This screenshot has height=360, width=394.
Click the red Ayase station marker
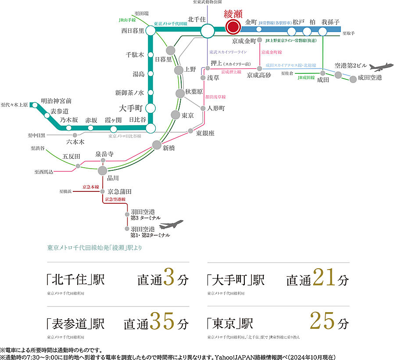pyautogui.click(x=233, y=27)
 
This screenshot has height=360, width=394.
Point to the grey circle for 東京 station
pyautogui.click(x=175, y=115)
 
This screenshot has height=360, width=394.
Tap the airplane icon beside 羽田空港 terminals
pyautogui.click(x=171, y=226)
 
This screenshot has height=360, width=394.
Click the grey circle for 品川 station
pyautogui.click(x=103, y=171)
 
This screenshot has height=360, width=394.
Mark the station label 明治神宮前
pyautogui.click(x=56, y=101)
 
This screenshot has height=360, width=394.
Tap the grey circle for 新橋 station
pyautogui.click(x=157, y=145)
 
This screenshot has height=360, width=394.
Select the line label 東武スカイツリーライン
pyautogui.click(x=228, y=52)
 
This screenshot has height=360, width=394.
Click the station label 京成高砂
pyautogui.click(x=258, y=75)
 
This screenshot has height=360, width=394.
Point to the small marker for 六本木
pyautogui.click(x=75, y=135)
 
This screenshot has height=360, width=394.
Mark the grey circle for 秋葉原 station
pyautogui.click(x=180, y=93)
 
